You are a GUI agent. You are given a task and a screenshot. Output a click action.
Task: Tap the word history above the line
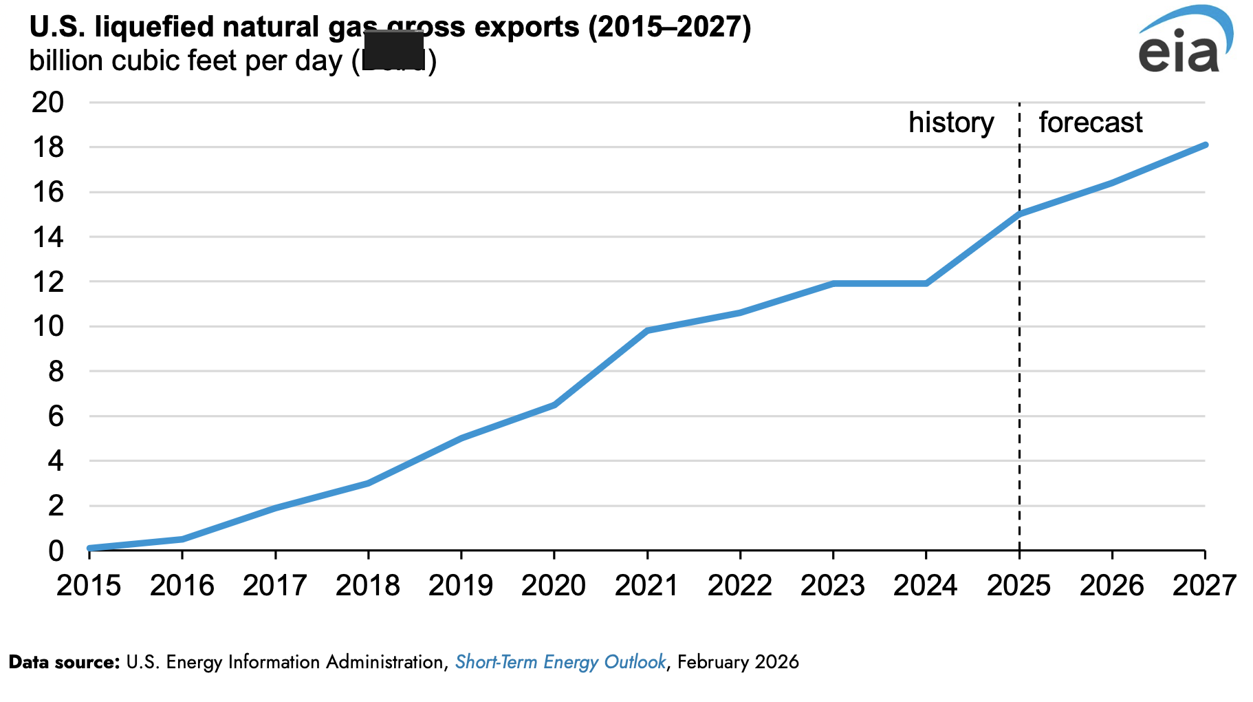point(951,123)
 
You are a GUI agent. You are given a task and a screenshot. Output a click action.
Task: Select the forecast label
point(1090,123)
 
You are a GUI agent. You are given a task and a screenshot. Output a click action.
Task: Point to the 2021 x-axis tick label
point(646,586)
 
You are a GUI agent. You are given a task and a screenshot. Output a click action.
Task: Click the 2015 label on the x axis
point(89,586)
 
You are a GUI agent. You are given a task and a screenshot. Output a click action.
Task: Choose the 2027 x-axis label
point(1204,586)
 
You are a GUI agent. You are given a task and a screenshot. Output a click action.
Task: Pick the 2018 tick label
point(368,586)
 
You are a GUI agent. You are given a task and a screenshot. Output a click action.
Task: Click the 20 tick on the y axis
point(47,103)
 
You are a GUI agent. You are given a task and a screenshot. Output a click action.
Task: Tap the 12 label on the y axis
point(47,281)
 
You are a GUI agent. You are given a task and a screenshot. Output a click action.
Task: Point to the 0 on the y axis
point(56,551)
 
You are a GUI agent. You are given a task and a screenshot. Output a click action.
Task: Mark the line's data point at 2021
point(647,330)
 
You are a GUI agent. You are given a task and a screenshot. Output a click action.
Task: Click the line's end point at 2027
point(1205,145)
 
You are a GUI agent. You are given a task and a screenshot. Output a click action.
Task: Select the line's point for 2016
point(182,539)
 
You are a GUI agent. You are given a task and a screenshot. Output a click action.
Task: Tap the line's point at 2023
point(833,284)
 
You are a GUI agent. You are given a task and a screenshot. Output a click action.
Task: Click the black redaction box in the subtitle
point(393,50)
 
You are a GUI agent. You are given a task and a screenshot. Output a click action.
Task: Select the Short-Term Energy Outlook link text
point(560,662)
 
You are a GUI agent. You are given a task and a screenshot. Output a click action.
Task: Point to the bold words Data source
point(65,662)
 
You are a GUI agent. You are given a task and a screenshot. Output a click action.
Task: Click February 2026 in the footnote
point(738,662)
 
